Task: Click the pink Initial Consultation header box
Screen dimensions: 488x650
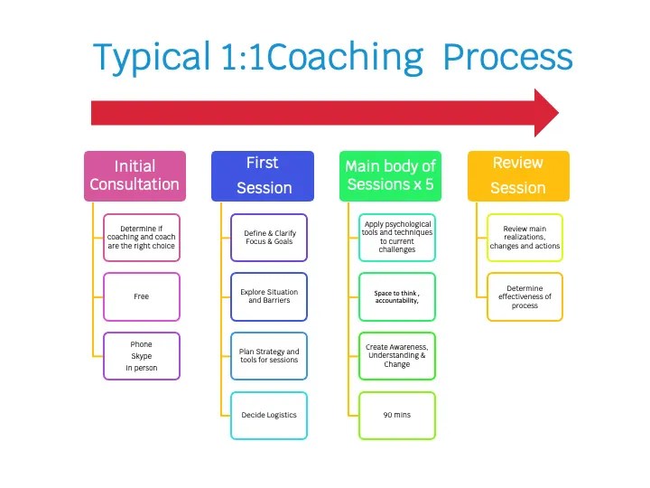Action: click(x=135, y=175)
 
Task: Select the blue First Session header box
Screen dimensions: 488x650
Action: click(x=263, y=175)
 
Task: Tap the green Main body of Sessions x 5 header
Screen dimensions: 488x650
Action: click(x=390, y=175)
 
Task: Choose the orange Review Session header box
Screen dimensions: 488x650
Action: click(x=518, y=175)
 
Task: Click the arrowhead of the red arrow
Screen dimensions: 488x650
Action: click(x=545, y=113)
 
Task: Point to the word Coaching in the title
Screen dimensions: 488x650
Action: click(x=345, y=57)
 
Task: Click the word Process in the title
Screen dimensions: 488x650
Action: click(x=507, y=57)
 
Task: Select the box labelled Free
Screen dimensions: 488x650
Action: click(x=141, y=296)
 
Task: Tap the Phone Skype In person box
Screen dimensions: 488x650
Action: click(x=141, y=356)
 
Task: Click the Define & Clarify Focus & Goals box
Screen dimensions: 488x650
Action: click(x=269, y=237)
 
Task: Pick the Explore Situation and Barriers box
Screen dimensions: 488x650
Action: click(x=269, y=296)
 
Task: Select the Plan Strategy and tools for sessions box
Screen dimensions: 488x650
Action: click(x=269, y=356)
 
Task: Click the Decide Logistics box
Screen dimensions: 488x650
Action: click(x=269, y=415)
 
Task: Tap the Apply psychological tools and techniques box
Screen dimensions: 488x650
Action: click(x=397, y=237)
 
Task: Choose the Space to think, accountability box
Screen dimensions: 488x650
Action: click(x=397, y=296)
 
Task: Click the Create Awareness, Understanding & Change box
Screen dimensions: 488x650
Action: click(x=397, y=356)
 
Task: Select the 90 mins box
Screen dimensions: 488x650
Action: click(x=397, y=415)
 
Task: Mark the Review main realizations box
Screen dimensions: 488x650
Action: click(x=525, y=237)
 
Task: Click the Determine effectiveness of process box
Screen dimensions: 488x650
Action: click(x=525, y=296)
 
